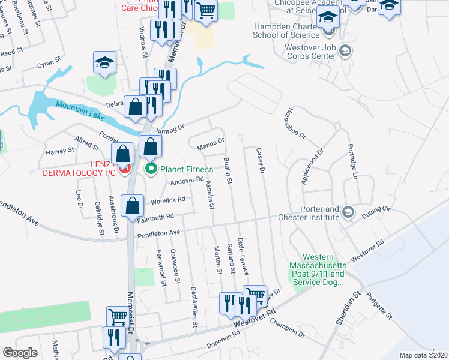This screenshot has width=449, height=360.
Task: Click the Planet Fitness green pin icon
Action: (x=152, y=169)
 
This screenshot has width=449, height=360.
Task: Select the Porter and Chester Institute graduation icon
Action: (x=347, y=212)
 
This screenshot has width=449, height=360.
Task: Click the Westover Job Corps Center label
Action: (x=303, y=55)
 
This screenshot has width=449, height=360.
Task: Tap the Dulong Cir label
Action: (x=378, y=211)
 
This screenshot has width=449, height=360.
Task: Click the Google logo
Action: (x=20, y=353)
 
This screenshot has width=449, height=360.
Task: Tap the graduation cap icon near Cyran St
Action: (x=104, y=62)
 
